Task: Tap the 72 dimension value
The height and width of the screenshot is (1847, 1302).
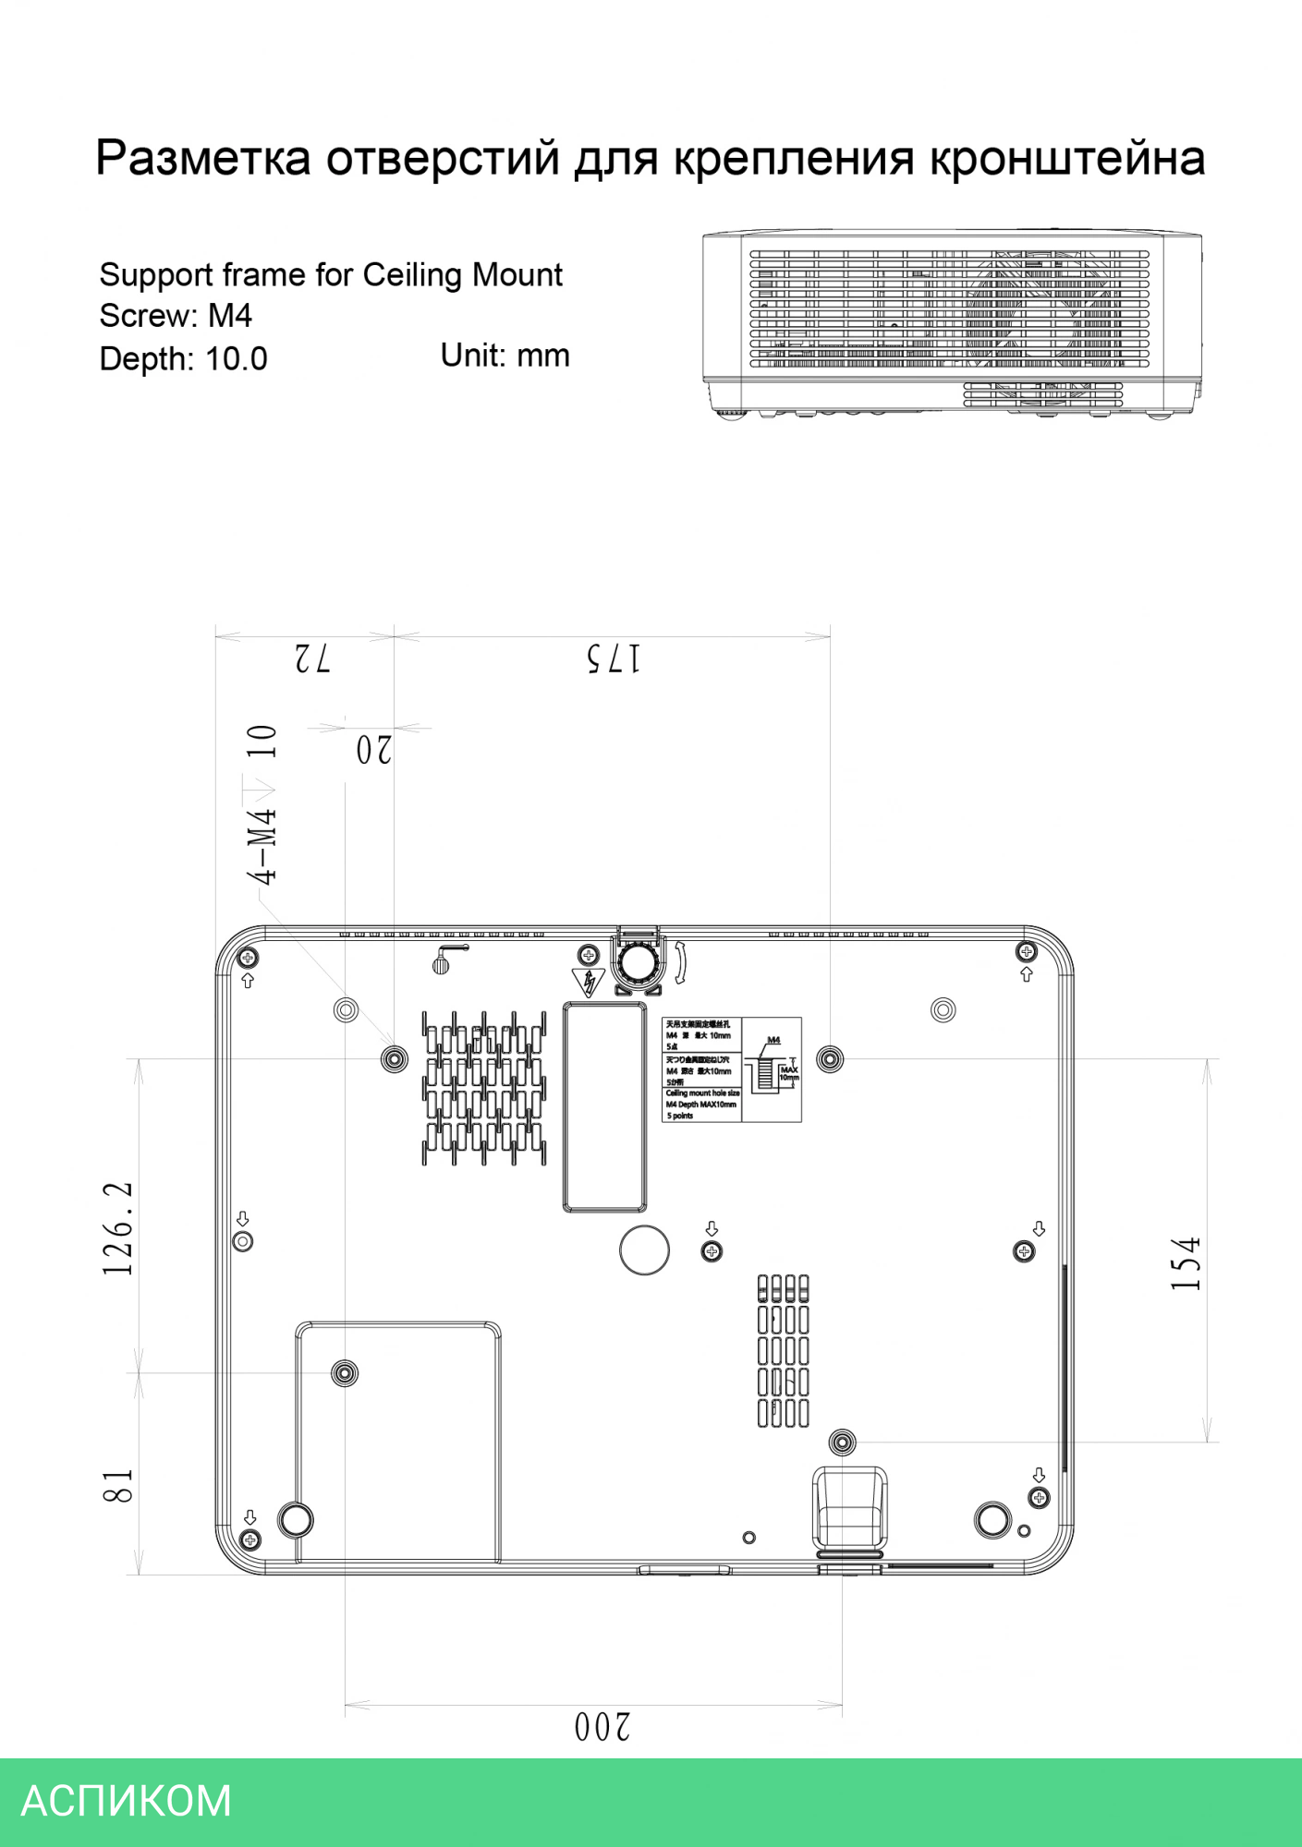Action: click(x=312, y=659)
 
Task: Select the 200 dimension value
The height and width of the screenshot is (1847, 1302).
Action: click(x=602, y=1726)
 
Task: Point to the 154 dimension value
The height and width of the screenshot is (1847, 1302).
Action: click(x=1186, y=1263)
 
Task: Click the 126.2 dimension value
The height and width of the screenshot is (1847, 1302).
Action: click(x=118, y=1228)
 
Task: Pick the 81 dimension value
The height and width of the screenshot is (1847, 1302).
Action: click(x=118, y=1486)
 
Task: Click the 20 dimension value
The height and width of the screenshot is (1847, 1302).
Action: click(x=374, y=750)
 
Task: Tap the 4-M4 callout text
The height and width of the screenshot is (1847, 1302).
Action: click(x=262, y=845)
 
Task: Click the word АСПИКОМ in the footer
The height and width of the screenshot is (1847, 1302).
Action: click(x=127, y=1802)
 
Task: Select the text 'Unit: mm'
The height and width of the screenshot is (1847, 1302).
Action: click(x=505, y=356)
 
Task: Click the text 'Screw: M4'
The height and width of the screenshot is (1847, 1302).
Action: click(x=176, y=316)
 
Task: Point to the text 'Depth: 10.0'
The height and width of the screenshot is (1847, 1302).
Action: click(x=183, y=358)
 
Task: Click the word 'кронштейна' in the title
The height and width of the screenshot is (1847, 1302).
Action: click(x=1066, y=158)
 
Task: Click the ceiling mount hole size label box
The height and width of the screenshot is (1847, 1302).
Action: click(x=731, y=1069)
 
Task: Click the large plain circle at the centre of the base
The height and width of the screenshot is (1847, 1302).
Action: click(x=644, y=1249)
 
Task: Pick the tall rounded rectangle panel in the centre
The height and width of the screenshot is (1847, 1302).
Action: click(x=604, y=1106)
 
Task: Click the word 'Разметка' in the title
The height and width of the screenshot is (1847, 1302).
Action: click(x=203, y=158)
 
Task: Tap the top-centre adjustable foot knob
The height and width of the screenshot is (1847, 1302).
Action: click(x=638, y=962)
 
